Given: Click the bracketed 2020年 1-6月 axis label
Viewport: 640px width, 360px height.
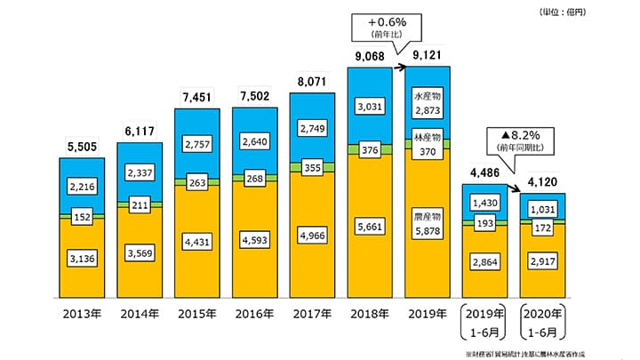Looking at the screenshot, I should click(x=542, y=321).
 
